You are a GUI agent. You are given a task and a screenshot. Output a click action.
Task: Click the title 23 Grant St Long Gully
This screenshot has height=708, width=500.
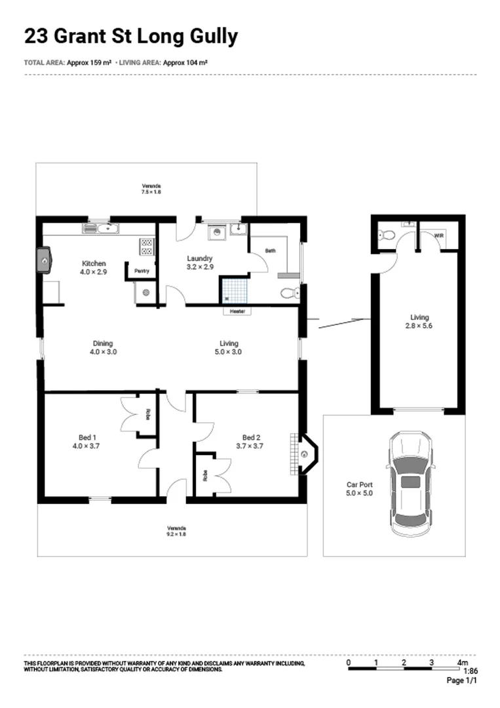coord(131,36)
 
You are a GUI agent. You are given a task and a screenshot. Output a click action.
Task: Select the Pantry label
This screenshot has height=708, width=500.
coord(142,271)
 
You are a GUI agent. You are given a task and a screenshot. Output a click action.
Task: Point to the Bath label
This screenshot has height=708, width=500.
coord(270,250)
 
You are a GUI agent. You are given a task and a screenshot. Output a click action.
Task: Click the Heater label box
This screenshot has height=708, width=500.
coord(237,311)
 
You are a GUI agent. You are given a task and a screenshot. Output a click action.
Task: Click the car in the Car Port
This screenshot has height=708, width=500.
coord(411,484)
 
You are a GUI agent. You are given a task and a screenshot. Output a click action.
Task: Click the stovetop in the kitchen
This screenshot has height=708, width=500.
coord(147,246)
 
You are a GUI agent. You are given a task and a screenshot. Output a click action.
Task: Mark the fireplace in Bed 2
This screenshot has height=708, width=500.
coord(305,453)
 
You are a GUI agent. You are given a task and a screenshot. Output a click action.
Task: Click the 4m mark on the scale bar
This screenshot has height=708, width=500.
coord(462,663)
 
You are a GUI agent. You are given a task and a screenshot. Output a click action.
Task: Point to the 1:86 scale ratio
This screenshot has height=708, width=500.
coord(470,671)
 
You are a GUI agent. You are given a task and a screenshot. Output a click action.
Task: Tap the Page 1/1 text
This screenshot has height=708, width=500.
coord(462,681)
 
